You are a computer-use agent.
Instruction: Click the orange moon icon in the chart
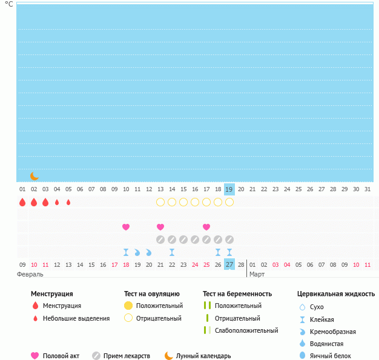(x=35, y=176)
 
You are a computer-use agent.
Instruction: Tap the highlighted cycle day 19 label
(x=229, y=189)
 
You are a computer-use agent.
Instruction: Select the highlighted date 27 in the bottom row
(x=229, y=264)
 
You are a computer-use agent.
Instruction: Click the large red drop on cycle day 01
(x=22, y=202)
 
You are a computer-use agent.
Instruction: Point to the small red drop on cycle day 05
(x=68, y=202)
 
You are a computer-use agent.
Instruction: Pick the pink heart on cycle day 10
(x=126, y=227)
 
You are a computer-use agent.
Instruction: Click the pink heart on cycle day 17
(x=206, y=227)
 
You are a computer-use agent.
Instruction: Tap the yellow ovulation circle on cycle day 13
(x=160, y=202)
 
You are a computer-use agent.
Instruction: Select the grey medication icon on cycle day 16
(x=195, y=240)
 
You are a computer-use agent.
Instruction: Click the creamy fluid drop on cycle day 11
(x=137, y=252)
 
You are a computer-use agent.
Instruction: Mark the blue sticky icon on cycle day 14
(x=172, y=252)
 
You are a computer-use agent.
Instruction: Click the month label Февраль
(x=30, y=274)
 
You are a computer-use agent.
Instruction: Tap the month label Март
(x=257, y=274)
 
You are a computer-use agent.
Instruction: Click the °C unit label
(x=9, y=4)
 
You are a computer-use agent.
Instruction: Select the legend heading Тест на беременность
(x=237, y=293)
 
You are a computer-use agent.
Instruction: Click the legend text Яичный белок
(x=329, y=356)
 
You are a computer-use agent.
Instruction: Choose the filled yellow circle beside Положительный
(x=128, y=306)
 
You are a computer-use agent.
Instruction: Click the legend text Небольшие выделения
(x=76, y=318)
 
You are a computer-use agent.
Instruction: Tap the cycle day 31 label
(x=367, y=189)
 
